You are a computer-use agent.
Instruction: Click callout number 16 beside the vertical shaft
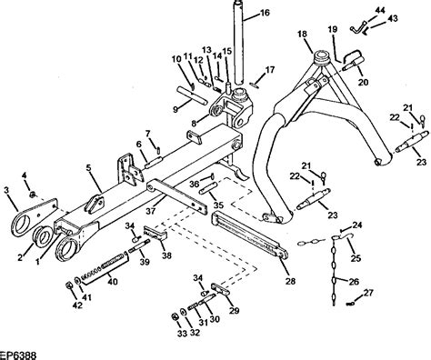click(265, 13)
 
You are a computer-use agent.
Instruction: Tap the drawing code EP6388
click(18, 355)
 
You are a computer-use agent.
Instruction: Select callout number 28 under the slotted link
click(290, 281)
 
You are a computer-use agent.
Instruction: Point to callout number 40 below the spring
click(113, 282)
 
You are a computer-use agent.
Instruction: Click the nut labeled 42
click(68, 285)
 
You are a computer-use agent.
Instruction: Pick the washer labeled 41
click(78, 280)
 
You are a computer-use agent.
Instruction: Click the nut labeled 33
click(175, 316)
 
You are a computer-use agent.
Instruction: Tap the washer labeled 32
click(183, 312)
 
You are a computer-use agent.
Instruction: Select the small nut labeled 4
click(33, 195)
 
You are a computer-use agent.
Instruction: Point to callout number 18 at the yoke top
click(302, 34)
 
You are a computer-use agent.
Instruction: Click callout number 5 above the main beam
click(89, 168)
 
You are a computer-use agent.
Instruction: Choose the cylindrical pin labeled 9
click(192, 95)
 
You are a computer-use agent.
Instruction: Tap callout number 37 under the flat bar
click(151, 211)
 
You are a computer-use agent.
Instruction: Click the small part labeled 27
click(350, 303)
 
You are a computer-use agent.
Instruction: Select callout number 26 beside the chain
click(354, 282)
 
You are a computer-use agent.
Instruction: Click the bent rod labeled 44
click(358, 26)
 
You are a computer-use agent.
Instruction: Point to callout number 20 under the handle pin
click(364, 82)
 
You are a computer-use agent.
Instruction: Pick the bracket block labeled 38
click(155, 233)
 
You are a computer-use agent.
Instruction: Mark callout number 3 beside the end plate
click(6, 190)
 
